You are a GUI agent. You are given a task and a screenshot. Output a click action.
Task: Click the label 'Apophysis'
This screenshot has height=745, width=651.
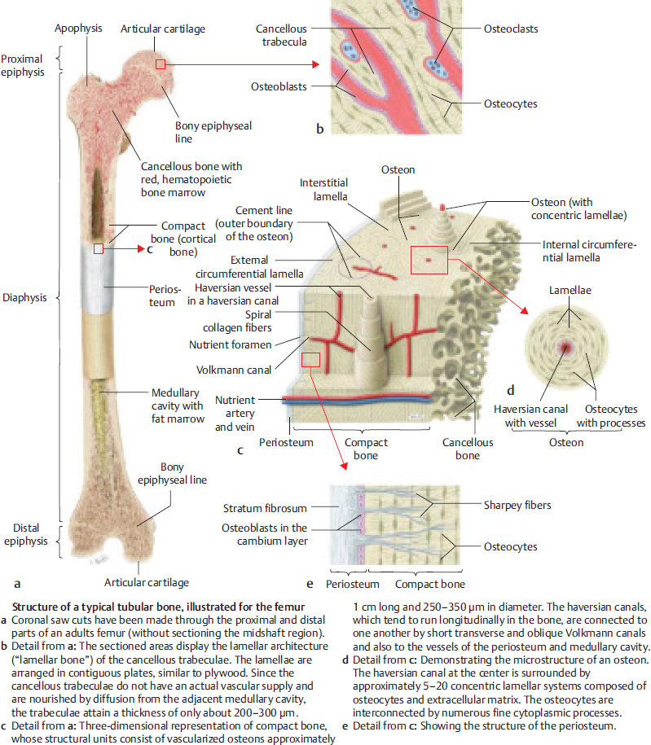[x=78, y=29]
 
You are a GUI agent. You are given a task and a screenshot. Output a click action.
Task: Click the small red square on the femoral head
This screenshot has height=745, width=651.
[x=161, y=63]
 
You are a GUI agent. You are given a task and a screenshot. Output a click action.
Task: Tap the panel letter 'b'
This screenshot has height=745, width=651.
[x=320, y=128]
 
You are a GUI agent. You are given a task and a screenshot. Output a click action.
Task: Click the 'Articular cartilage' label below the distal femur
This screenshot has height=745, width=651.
[x=146, y=582]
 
